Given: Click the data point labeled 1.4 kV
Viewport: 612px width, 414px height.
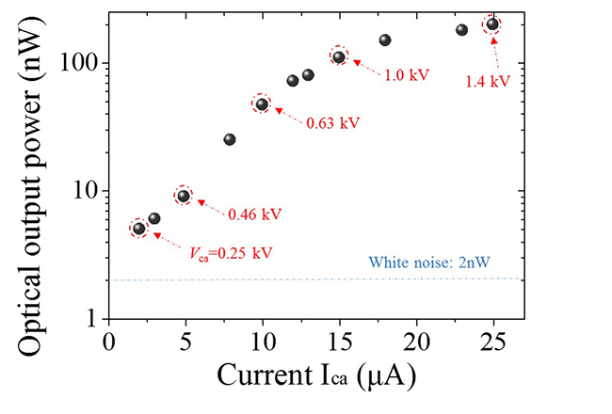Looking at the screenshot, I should (x=491, y=24).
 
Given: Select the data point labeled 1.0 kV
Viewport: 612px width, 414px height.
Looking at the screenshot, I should (x=339, y=57).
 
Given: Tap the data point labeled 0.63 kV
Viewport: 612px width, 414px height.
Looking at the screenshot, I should (x=262, y=103).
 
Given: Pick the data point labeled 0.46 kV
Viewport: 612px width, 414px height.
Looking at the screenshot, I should (x=184, y=196).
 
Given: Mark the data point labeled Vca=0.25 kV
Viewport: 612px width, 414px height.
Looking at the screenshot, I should (x=139, y=229).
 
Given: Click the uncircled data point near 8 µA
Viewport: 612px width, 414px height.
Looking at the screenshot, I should (x=230, y=139).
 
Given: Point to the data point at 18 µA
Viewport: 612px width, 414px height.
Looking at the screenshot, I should (x=385, y=40).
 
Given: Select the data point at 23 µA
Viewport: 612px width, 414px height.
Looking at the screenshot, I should (x=461, y=30).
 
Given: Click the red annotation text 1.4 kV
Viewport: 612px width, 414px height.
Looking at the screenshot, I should (x=488, y=82).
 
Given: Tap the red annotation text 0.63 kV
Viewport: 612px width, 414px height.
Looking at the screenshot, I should (x=332, y=122).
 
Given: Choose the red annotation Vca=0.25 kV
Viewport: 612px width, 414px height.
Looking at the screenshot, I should (x=217, y=252).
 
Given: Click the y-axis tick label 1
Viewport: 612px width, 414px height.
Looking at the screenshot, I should (x=91, y=320).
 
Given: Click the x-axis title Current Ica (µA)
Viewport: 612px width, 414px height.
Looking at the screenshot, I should (x=315, y=375).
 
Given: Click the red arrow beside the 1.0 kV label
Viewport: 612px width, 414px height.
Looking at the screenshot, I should (x=367, y=68).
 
